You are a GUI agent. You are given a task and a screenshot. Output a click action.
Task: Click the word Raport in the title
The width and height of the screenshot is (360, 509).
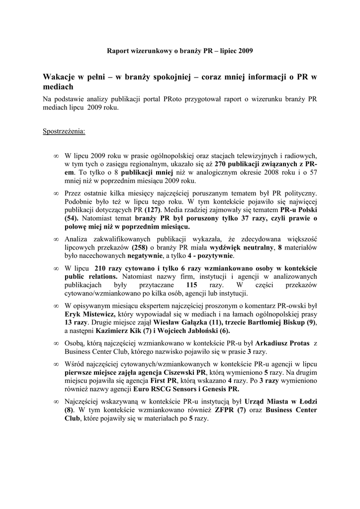click(119, 51)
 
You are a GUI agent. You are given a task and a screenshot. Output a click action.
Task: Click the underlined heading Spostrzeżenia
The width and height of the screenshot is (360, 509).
click(64, 132)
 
